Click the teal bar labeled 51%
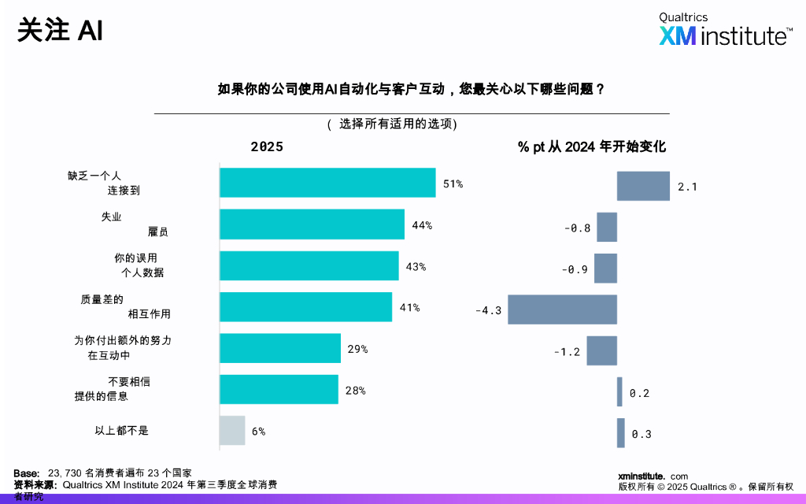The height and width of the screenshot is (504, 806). coord(327,183)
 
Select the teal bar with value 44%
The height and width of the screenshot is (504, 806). coord(312,224)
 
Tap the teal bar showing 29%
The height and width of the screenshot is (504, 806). coord(279,348)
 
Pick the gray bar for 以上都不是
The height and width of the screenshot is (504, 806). coord(232,431)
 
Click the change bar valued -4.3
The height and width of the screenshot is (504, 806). coord(562,309)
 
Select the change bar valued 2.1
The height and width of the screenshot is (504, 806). coord(643,186)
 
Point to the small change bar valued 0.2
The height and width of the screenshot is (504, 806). coord(619,392)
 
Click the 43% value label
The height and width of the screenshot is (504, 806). coord(416,267)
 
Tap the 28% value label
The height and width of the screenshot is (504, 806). coord(355,391)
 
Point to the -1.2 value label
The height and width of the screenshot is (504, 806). coord(567,352)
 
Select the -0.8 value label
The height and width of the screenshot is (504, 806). coord(577,228)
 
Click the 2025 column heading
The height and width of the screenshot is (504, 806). coord(267,147)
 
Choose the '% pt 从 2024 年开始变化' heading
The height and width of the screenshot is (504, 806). coord(591,147)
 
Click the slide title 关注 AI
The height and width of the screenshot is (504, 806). coord(60,31)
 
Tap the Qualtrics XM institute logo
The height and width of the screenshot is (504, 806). coord(725,30)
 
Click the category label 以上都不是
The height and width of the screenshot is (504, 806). coord(121,431)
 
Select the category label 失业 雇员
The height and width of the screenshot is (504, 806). coord(134,224)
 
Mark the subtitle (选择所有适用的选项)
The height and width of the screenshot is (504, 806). coord(391,124)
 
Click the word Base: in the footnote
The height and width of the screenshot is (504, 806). coord(27,472)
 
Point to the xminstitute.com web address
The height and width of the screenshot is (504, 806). coord(653,476)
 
